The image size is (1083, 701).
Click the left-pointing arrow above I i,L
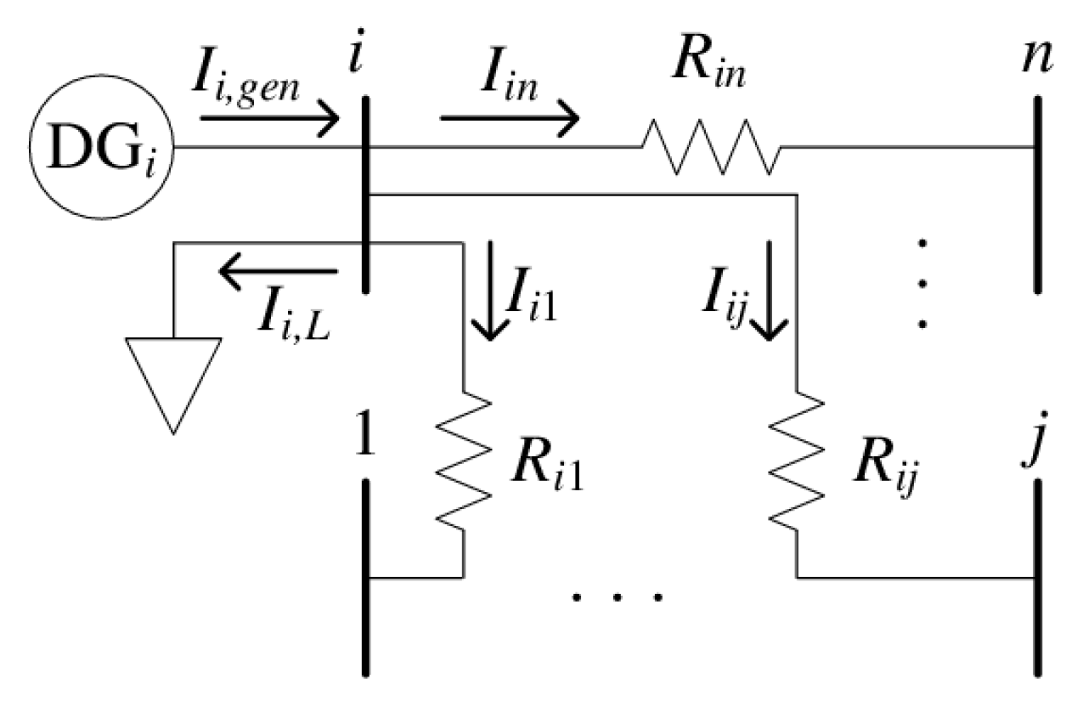click(x=278, y=272)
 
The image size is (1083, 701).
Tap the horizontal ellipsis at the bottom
click(x=617, y=597)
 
